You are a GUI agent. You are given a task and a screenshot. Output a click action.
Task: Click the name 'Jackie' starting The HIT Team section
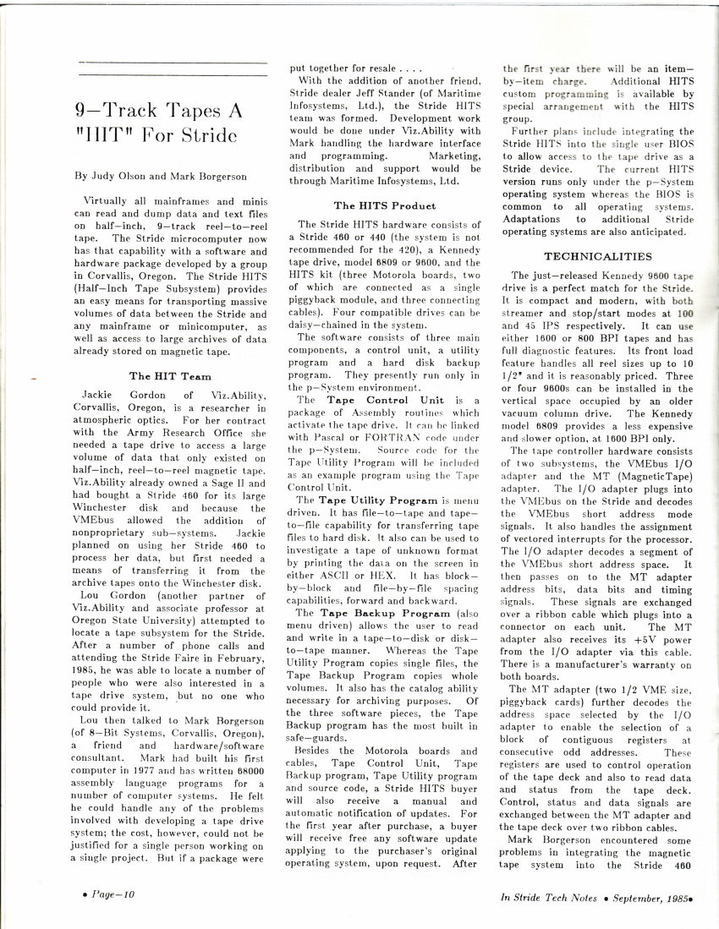pyautogui.click(x=102, y=395)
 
